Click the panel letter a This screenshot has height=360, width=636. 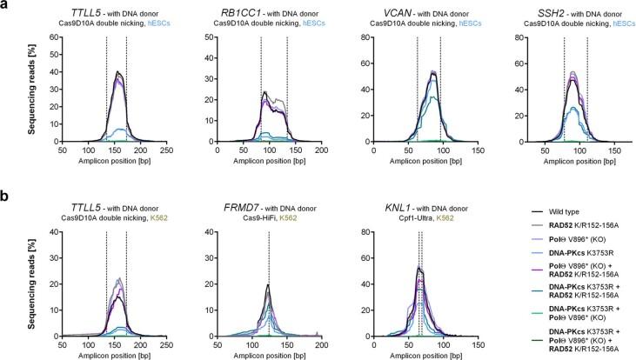tap(5, 7)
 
